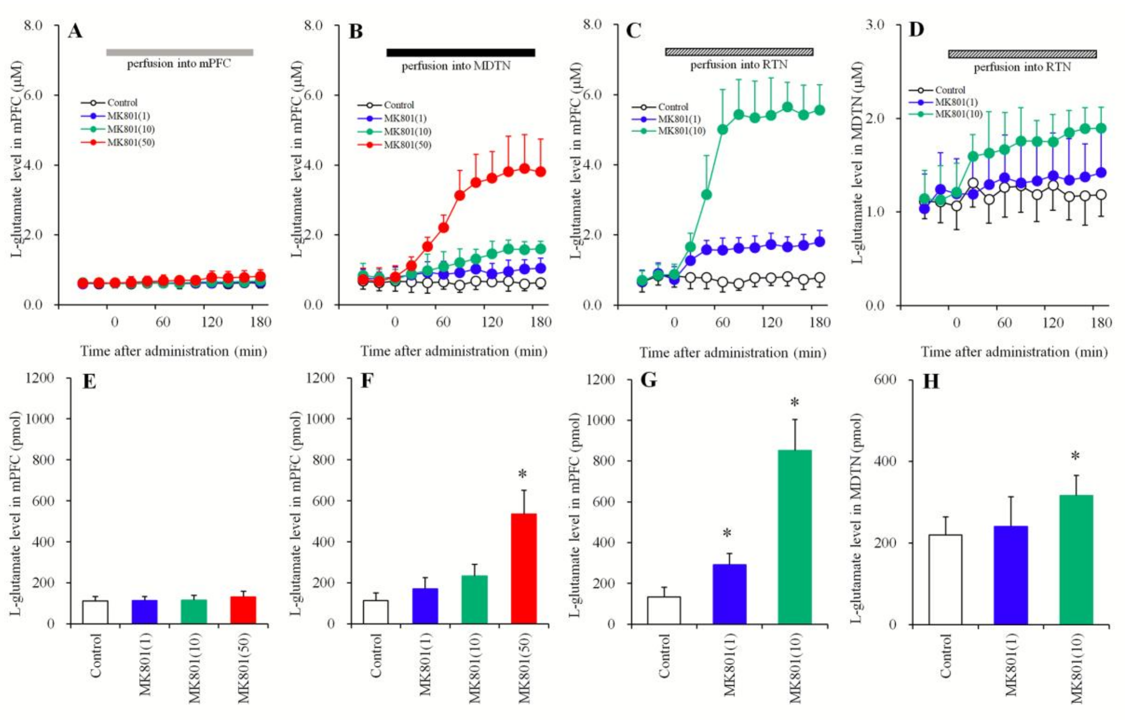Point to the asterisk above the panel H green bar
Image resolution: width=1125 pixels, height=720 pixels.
pos(1075,456)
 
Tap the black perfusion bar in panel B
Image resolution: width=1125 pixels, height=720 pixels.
pos(461,52)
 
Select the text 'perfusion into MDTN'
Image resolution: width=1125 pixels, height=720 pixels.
pos(456,66)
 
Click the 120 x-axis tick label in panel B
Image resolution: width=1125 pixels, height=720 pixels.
pos(492,322)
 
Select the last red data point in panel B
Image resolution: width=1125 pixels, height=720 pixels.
pos(540,172)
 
